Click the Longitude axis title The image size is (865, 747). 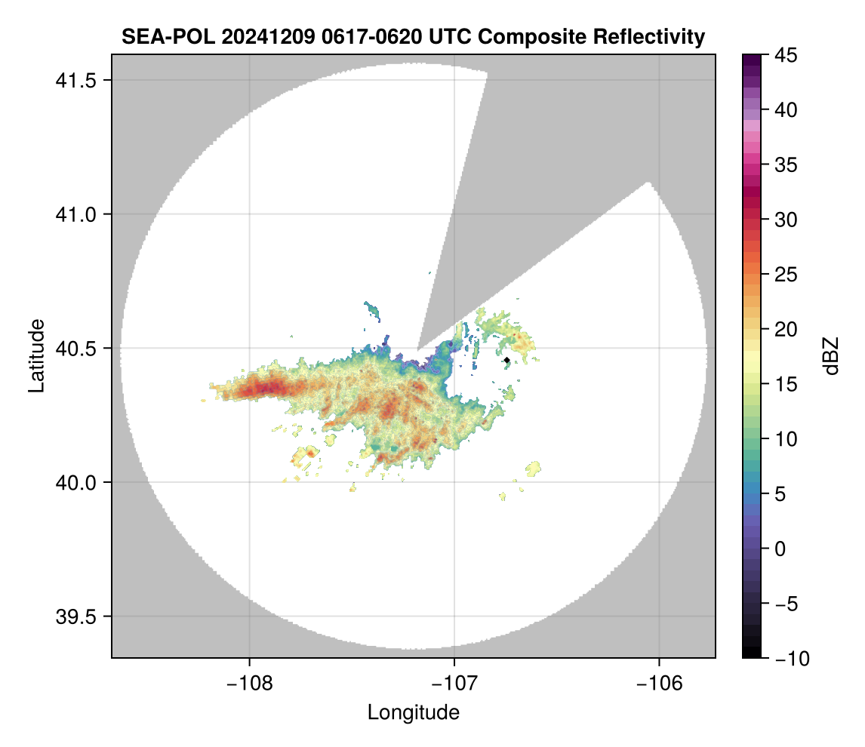click(414, 712)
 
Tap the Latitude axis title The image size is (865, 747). click(35, 355)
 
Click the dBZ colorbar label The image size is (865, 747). click(832, 356)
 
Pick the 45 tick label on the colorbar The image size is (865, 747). click(785, 55)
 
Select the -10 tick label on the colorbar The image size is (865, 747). click(790, 659)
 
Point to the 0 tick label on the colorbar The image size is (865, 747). click(780, 549)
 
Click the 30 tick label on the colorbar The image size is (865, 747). click(785, 220)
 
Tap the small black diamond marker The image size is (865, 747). click(506, 361)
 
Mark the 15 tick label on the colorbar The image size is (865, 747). click(785, 384)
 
